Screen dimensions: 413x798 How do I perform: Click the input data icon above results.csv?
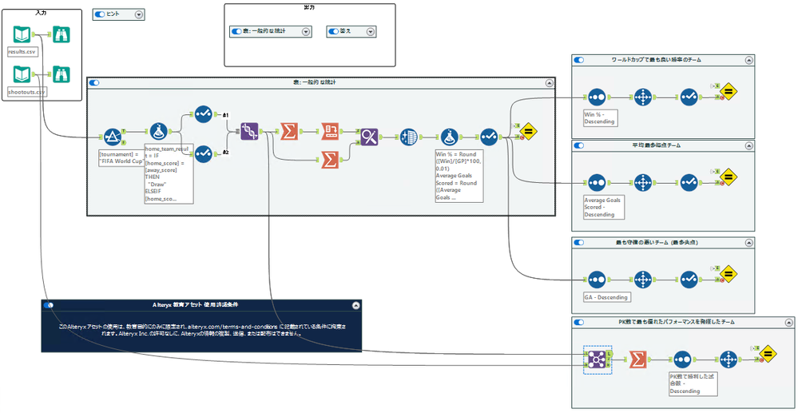coord(22,35)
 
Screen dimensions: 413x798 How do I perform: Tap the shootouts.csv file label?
coord(26,92)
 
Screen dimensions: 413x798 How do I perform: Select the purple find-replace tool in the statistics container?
coord(369,137)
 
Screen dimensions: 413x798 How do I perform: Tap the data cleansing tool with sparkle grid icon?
coord(408,137)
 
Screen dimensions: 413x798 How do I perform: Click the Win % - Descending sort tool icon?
coord(596,97)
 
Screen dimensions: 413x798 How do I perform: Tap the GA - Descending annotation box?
coord(605,297)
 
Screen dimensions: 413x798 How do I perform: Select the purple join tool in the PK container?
coord(594,359)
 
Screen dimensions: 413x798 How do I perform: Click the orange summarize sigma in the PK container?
coord(637,359)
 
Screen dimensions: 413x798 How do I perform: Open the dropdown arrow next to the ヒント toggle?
coord(139,14)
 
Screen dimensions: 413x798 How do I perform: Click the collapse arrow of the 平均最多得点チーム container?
coord(748,146)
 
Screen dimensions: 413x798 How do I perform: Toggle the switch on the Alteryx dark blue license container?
coord(50,304)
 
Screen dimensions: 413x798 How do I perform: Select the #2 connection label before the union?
coord(226,152)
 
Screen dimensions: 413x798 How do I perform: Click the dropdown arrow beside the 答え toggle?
coord(370,31)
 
